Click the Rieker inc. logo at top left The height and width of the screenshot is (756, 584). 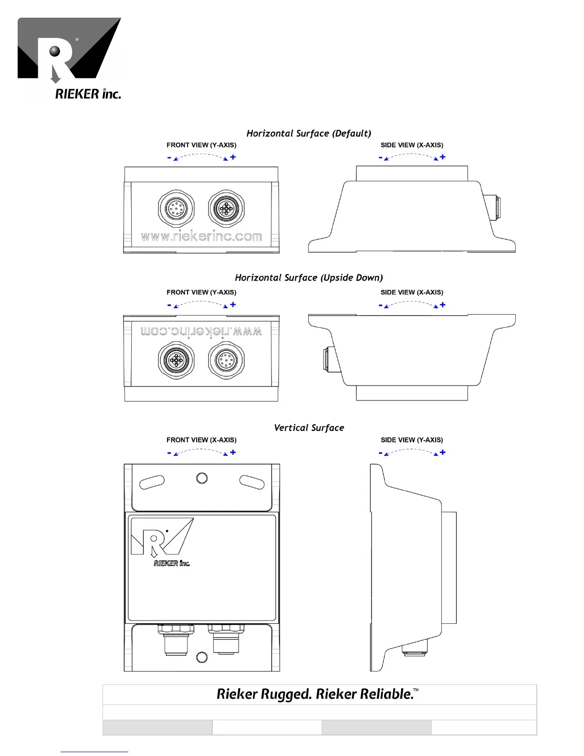[x=69, y=58]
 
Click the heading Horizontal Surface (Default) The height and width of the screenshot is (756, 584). [x=309, y=133]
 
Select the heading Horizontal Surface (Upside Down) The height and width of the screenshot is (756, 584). [x=309, y=277]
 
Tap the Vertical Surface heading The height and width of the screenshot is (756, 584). [x=309, y=428]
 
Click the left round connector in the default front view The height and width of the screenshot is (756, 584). [x=176, y=208]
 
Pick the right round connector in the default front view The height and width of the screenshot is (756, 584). [x=226, y=208]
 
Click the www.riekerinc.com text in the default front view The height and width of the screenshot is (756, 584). [x=201, y=236]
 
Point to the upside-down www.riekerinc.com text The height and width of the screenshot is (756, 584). [x=201, y=331]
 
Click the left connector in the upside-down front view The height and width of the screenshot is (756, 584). [x=176, y=360]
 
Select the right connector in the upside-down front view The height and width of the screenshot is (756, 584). [x=226, y=360]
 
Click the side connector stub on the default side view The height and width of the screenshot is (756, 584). [x=492, y=207]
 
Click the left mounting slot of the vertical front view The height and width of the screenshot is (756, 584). [x=152, y=482]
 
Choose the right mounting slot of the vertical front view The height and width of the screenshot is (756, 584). [x=252, y=482]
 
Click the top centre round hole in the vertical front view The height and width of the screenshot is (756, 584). [x=202, y=478]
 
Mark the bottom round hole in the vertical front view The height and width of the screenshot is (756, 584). [x=202, y=657]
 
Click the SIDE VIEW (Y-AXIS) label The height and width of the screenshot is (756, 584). [x=412, y=440]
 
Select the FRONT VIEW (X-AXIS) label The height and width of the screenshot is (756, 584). [x=201, y=440]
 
